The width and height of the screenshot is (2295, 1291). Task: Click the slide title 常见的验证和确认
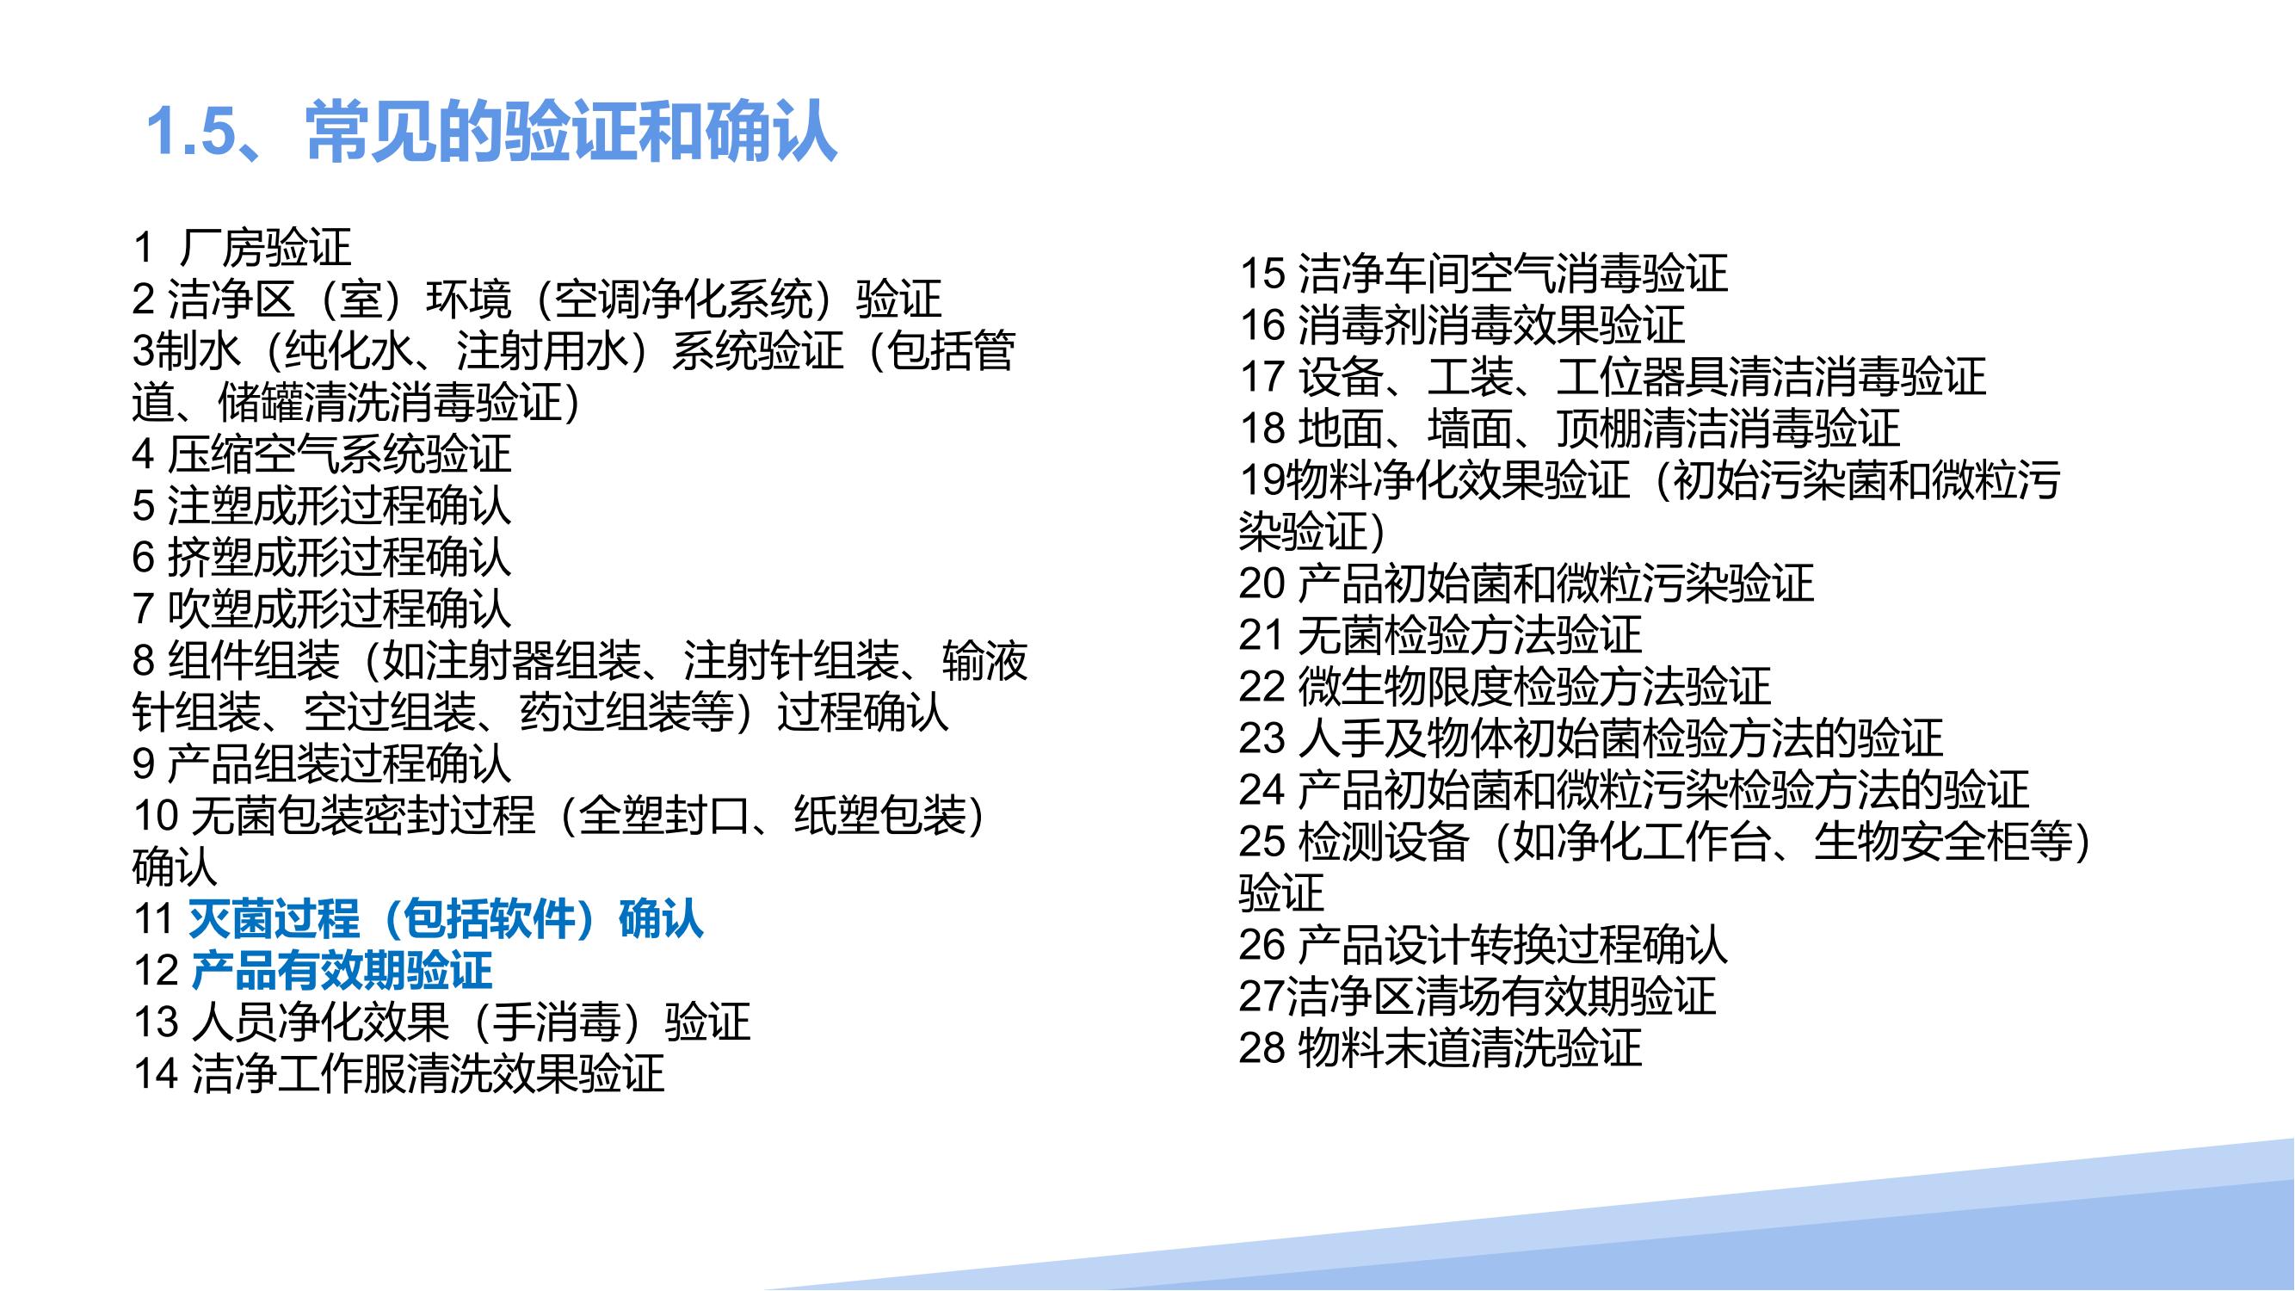(x=571, y=133)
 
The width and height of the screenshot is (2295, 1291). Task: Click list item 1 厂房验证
(x=243, y=247)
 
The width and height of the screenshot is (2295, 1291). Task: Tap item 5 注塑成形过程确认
(x=323, y=505)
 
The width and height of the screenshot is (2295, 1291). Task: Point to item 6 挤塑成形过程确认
(x=323, y=557)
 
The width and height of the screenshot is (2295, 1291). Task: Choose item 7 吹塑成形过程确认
(x=323, y=608)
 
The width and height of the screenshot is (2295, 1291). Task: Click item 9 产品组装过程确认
(x=323, y=763)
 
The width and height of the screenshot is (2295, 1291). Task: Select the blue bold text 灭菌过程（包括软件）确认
(x=446, y=918)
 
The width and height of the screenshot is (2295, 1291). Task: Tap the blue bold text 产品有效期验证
(x=342, y=970)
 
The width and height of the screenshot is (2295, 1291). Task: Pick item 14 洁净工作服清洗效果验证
(x=399, y=1073)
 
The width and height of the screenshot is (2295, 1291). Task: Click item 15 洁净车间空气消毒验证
(x=1484, y=273)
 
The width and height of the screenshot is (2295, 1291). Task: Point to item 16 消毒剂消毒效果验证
(x=1462, y=324)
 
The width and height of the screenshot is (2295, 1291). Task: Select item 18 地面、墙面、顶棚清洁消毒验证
(x=1570, y=428)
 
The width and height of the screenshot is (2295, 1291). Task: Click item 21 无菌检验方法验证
(x=1440, y=634)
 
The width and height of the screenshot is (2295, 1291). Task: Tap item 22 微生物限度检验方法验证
(x=1505, y=686)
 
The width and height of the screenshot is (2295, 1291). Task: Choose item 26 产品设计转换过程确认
(x=1484, y=944)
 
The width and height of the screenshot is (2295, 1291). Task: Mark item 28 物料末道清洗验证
(x=1440, y=1047)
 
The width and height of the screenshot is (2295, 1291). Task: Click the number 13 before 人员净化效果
(x=156, y=1022)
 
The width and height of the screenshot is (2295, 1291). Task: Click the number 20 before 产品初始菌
(x=1262, y=584)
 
